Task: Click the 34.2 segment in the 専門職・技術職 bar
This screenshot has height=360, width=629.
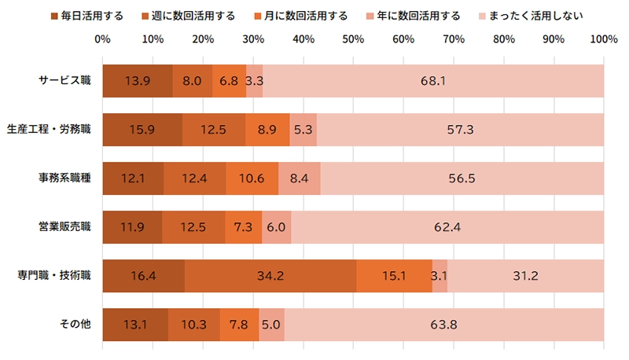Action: (x=270, y=275)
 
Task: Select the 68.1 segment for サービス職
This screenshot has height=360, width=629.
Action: (x=433, y=81)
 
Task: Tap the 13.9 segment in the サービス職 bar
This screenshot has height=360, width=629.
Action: (x=137, y=81)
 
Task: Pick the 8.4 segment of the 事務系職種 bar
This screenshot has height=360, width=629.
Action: (x=300, y=178)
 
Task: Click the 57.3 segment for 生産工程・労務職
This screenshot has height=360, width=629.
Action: (x=460, y=130)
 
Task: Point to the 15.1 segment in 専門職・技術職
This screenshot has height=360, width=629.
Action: (x=394, y=275)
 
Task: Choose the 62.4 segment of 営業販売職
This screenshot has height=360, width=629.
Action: (x=447, y=226)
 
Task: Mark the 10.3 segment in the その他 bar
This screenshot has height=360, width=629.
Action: (x=193, y=324)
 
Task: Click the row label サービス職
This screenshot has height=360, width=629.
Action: (x=65, y=81)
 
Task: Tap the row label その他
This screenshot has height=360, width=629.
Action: (x=75, y=324)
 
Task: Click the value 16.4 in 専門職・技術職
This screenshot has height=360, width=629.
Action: (x=143, y=275)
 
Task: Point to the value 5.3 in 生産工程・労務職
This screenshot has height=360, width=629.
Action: (x=303, y=130)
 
